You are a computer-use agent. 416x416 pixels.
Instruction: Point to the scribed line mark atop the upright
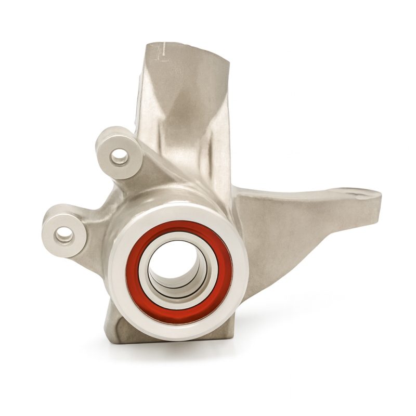click(x=161, y=50)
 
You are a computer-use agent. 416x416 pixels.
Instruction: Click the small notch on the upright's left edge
click(x=140, y=78)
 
